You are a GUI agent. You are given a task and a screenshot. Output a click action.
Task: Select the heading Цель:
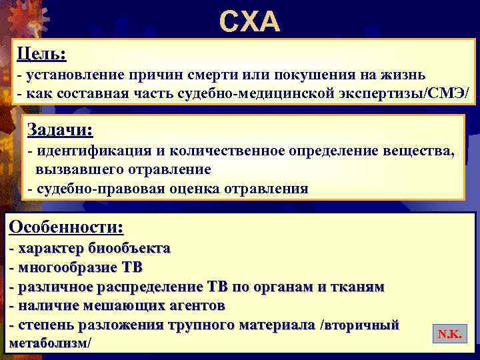[41, 52]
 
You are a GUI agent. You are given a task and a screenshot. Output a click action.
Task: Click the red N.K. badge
[449, 333]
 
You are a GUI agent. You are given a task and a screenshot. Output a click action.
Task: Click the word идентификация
[83, 151]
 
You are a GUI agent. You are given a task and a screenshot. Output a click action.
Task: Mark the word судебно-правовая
[90, 189]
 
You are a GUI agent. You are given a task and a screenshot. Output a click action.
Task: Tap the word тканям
[360, 287]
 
